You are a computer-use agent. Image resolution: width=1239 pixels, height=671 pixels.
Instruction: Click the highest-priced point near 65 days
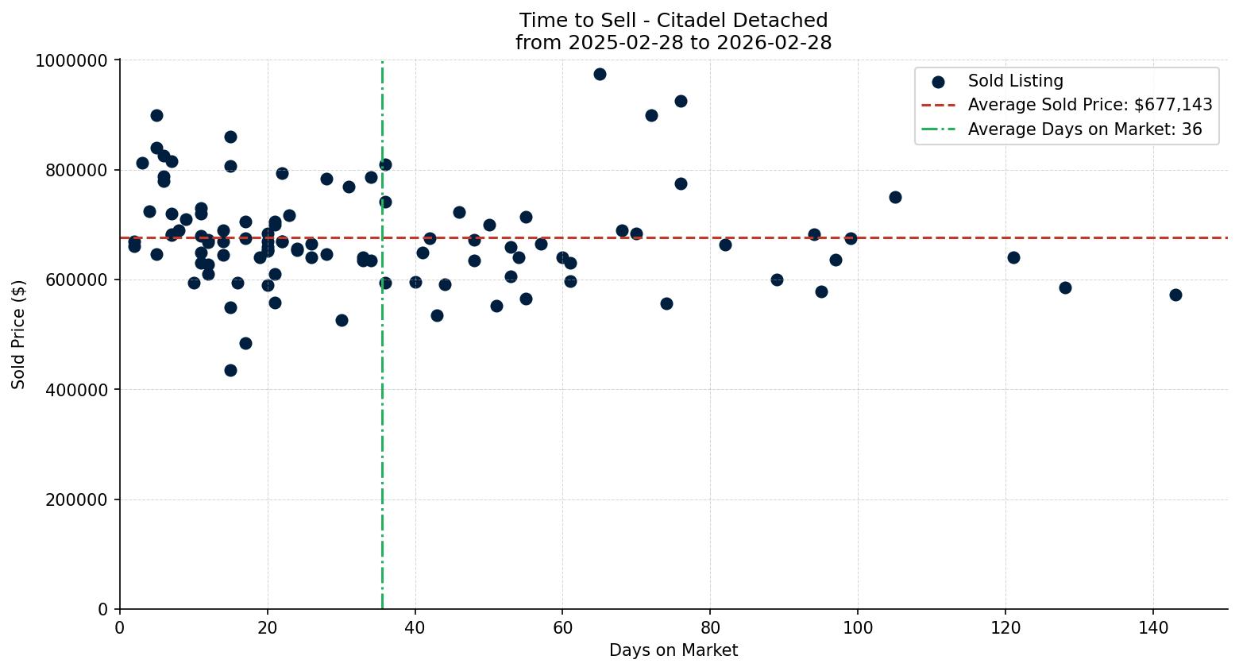[600, 74]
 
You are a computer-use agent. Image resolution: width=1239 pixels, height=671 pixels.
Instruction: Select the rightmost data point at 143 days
[1175, 295]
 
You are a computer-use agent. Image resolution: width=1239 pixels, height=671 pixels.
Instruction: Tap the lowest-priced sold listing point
[230, 370]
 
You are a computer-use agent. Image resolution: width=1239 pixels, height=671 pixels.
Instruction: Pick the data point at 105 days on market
[895, 197]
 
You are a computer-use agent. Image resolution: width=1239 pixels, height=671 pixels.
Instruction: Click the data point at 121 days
[1013, 257]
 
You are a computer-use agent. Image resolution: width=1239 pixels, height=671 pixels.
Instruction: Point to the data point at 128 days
[1065, 287]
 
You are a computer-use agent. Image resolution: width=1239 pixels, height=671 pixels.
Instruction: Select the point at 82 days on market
[725, 245]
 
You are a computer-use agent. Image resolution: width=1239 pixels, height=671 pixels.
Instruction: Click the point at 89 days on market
[777, 280]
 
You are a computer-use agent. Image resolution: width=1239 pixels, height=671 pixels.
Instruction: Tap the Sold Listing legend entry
[1015, 81]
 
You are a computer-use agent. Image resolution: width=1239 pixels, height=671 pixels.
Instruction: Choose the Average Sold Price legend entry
[1090, 105]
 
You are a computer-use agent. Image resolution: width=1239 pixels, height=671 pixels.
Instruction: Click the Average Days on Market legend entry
[1084, 129]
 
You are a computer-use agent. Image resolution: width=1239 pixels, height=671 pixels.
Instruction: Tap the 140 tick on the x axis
[1153, 627]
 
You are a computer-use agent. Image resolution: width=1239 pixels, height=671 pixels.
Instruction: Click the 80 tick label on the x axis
[710, 627]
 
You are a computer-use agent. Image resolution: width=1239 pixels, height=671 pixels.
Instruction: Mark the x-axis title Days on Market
[674, 650]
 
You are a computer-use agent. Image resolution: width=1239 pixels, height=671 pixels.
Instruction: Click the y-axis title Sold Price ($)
[18, 334]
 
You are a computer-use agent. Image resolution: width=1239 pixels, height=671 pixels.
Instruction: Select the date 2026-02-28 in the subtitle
[775, 43]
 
